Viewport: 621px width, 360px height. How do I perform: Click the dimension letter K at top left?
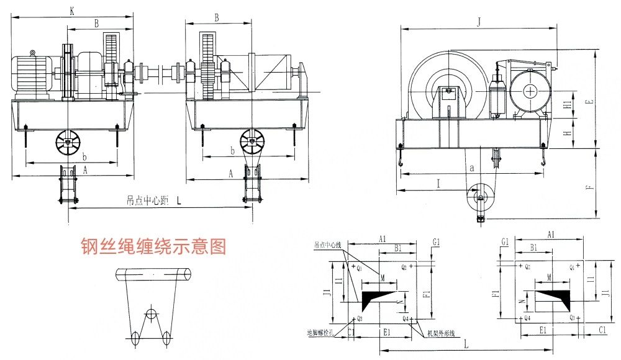[x=73, y=11]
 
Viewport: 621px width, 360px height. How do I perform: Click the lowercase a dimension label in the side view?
[x=472, y=168]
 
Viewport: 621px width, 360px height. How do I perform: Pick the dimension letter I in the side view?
[x=438, y=184]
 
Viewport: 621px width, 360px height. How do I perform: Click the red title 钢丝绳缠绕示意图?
[x=153, y=246]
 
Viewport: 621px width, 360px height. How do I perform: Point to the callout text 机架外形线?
[x=440, y=333]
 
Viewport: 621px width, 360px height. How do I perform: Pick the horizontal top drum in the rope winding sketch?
[x=152, y=274]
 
